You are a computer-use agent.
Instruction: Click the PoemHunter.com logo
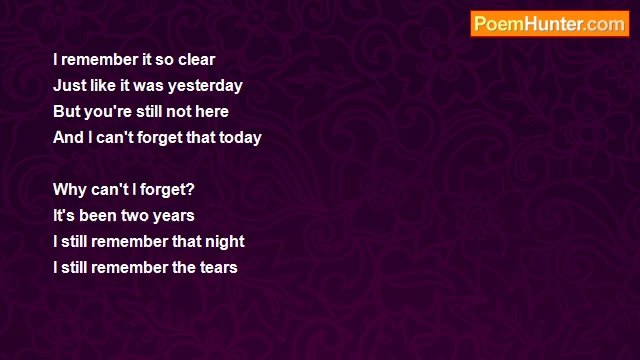coord(549,24)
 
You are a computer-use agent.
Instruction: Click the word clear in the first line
coord(196,60)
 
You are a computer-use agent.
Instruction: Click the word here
coord(212,112)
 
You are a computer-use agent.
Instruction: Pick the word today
coord(240,138)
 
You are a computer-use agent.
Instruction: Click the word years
coord(175,216)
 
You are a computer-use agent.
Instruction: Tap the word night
coord(222,242)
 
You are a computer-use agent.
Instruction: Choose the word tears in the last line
coord(218,268)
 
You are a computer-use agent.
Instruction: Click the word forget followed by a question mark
coord(162,190)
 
